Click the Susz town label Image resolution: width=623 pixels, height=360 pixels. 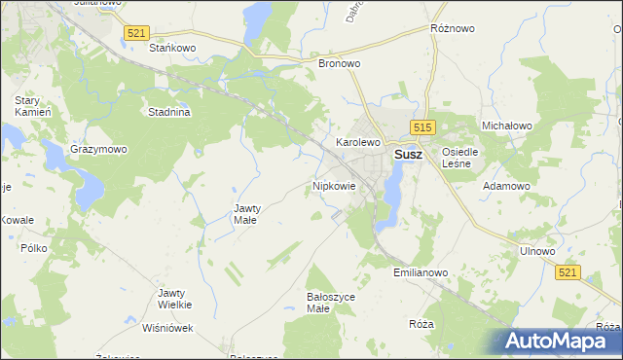point(407,154)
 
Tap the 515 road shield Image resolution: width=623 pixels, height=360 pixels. point(421,127)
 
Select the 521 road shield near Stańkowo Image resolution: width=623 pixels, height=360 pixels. point(135,33)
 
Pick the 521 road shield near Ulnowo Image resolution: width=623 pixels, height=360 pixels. point(569,273)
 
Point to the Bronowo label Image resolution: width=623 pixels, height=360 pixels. point(340,63)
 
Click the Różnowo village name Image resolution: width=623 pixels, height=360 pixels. point(452,29)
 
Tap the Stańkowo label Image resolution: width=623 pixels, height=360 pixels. point(173,47)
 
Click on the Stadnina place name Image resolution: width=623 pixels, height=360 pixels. point(168,112)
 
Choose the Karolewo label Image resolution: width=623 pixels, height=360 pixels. point(357,142)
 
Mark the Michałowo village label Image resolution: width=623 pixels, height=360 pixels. point(506,126)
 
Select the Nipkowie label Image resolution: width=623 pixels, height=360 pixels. point(334,185)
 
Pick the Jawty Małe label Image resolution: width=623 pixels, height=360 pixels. point(245,213)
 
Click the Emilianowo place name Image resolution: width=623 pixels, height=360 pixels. point(421,273)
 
